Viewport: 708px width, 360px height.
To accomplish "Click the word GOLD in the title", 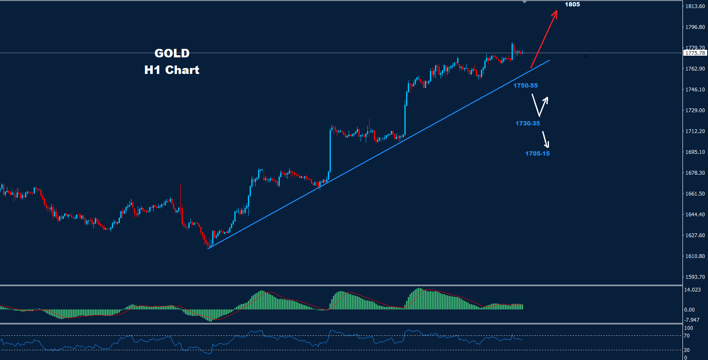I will point(172,54).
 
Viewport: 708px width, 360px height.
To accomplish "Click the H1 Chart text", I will point(172,70).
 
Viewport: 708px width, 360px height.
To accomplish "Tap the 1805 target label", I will point(572,5).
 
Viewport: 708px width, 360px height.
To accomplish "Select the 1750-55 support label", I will point(526,85).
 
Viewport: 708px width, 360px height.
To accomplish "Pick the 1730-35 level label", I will point(528,123).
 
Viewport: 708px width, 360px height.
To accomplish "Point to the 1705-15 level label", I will point(537,153).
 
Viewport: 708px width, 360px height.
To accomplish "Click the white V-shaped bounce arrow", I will point(540,106).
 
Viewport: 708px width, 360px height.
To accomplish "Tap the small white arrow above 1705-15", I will point(545,139).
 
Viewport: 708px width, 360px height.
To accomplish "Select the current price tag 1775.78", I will point(695,53).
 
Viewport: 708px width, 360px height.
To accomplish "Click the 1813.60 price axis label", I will point(695,6).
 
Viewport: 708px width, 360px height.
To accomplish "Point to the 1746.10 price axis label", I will point(695,90).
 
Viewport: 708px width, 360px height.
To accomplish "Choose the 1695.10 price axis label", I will point(695,152).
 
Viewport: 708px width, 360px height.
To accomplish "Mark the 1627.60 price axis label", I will point(695,235).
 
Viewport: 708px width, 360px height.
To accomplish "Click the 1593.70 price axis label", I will point(695,277).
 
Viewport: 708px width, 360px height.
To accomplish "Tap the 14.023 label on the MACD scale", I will point(692,290).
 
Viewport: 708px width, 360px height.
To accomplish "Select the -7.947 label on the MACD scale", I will point(692,320).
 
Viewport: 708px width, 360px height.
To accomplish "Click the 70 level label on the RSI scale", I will point(687,336).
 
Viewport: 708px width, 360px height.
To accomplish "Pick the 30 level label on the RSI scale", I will point(687,350).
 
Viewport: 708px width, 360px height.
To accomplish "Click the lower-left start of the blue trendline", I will point(209,248).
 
